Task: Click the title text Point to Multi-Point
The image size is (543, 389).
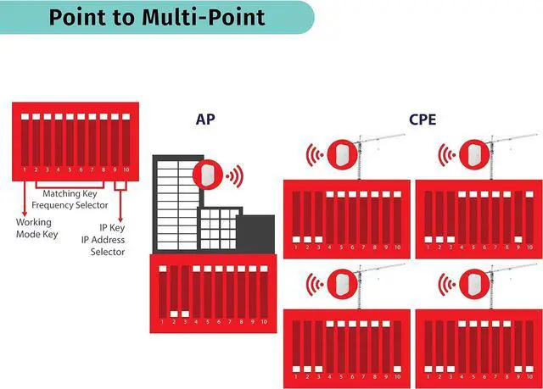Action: (156, 17)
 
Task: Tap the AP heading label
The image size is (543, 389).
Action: (206, 120)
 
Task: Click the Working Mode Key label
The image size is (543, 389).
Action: (36, 228)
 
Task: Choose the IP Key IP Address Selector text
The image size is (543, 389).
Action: (108, 240)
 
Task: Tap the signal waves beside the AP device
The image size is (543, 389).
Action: (233, 175)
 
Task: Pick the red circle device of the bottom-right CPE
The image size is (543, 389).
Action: (472, 286)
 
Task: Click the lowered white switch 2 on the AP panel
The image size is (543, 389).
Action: (174, 314)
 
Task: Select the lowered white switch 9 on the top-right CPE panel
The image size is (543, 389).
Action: (518, 238)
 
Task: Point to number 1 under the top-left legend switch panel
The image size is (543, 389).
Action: (25, 170)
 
